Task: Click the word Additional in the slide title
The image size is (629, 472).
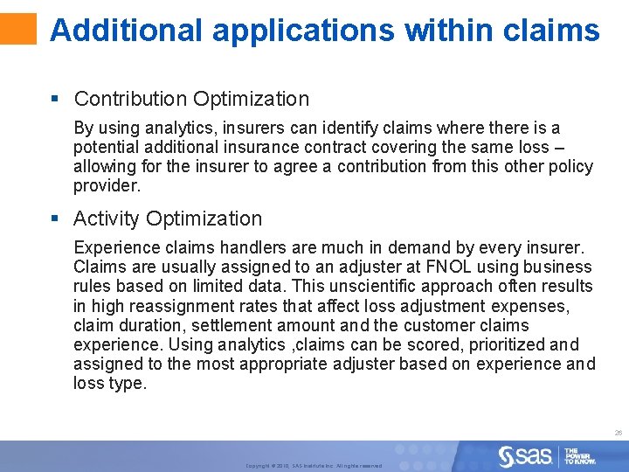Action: [x=127, y=31]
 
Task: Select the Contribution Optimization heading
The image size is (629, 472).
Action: [x=191, y=99]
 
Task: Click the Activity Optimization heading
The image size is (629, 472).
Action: [x=168, y=219]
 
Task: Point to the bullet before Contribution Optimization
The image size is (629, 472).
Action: [x=56, y=100]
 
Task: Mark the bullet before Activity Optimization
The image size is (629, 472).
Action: [x=56, y=219]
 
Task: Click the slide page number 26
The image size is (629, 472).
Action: [x=618, y=433]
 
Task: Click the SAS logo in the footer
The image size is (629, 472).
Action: [x=525, y=455]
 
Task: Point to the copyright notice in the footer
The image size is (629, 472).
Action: [x=314, y=466]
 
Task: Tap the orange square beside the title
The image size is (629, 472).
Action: [x=18, y=28]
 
